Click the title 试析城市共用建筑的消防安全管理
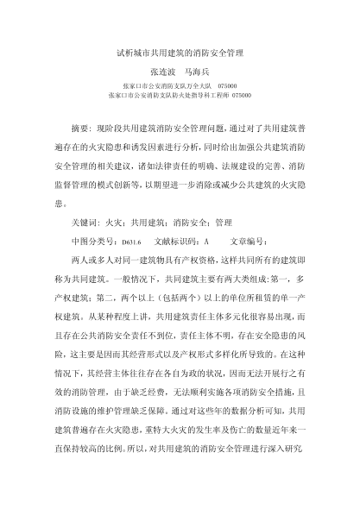pos(180,53)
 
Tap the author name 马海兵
pos(204,72)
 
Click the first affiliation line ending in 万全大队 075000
pos(180,87)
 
